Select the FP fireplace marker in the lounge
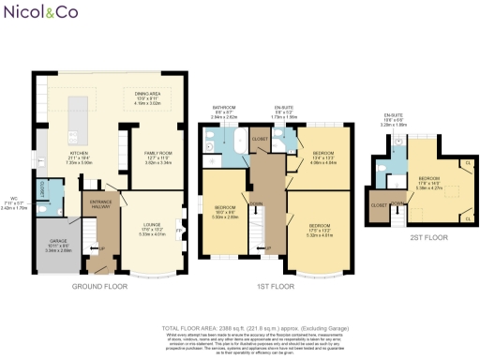(x=179, y=224)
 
